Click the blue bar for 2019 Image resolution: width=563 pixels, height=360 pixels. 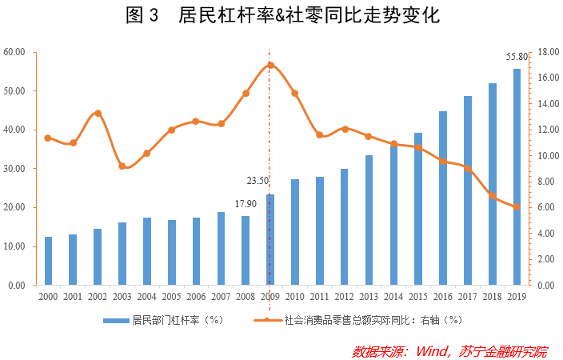tap(517, 177)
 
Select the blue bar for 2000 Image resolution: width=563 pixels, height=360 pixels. tap(48, 261)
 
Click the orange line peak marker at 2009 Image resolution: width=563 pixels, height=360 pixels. tap(270, 65)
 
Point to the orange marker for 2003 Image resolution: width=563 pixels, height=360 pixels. tap(122, 166)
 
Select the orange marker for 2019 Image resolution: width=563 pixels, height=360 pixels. tap(517, 206)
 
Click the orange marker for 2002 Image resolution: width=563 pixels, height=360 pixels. tap(98, 113)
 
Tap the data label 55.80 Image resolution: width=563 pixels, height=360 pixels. tap(517, 57)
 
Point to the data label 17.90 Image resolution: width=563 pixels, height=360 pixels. tap(246, 204)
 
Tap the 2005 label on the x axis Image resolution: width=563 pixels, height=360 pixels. tap(171, 297)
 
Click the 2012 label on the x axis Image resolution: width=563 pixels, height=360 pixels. tap(344, 297)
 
